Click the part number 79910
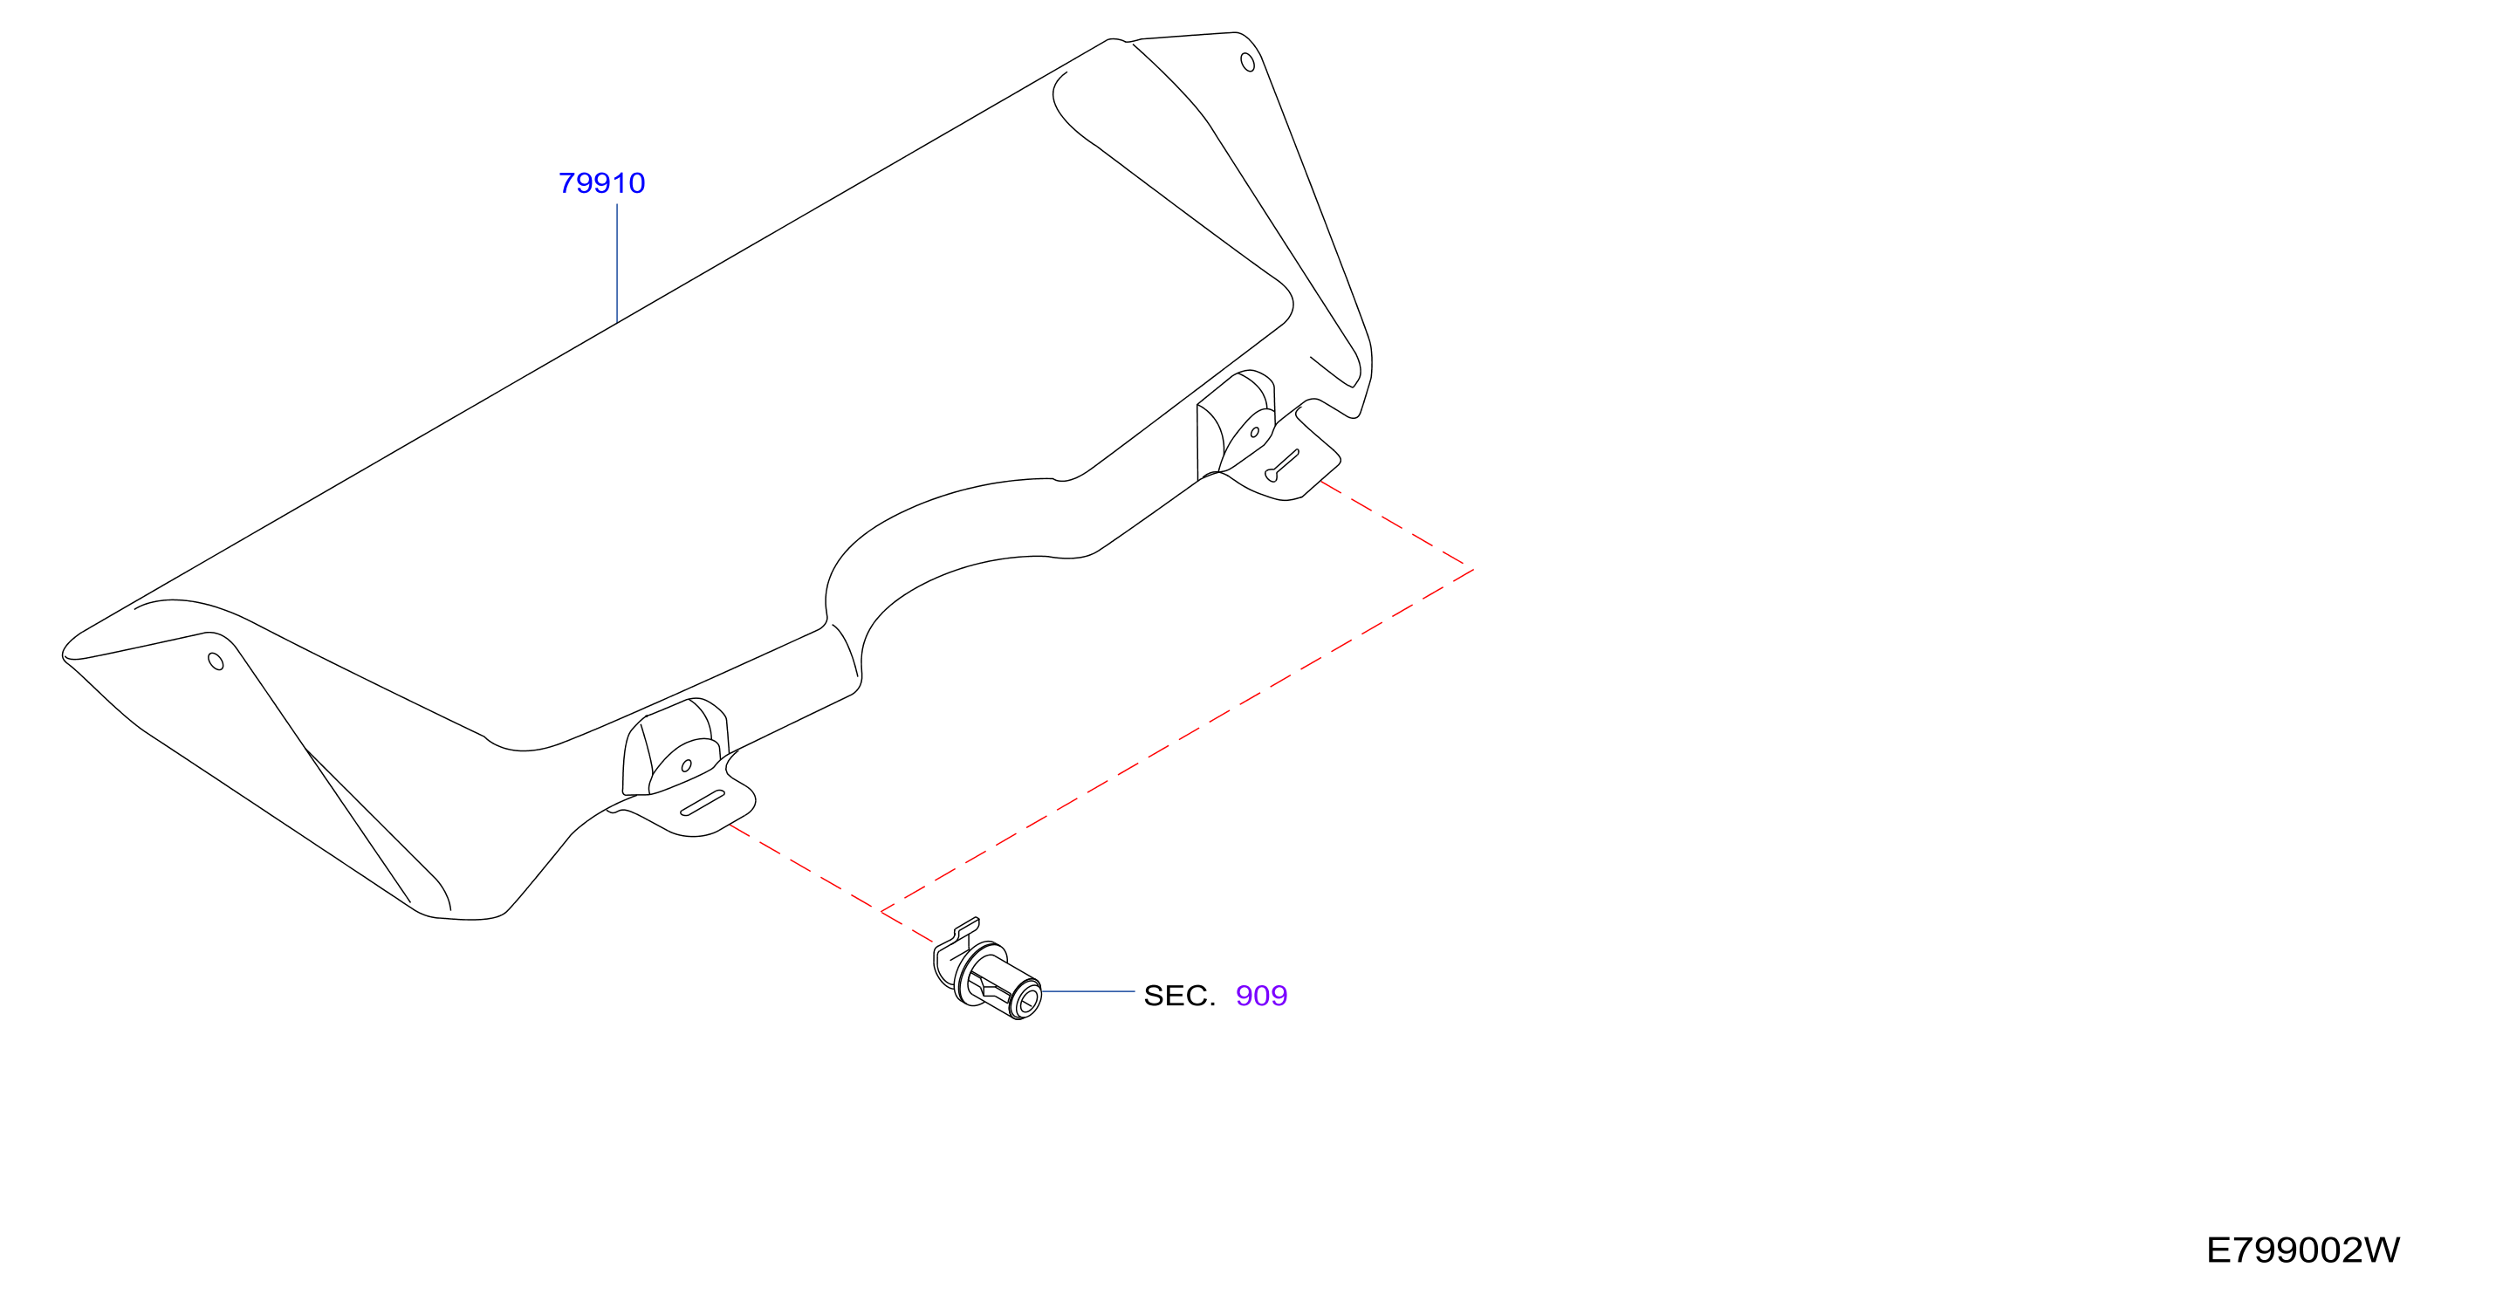[x=601, y=183]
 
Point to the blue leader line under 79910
[x=617, y=263]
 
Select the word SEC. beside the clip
[x=1179, y=996]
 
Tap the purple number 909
[x=1262, y=996]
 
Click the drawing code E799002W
[x=2303, y=1250]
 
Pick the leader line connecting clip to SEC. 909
[x=1088, y=992]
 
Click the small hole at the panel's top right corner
[x=1248, y=62]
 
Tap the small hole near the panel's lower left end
[x=216, y=661]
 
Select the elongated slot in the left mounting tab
[x=703, y=803]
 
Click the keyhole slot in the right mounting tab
[x=1281, y=466]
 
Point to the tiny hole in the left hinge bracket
[x=686, y=766]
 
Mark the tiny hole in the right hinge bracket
[x=1255, y=432]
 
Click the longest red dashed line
[x=1177, y=741]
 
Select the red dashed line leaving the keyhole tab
[x=1397, y=525]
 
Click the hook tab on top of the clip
[x=967, y=928]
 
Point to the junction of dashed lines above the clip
[x=881, y=911]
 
